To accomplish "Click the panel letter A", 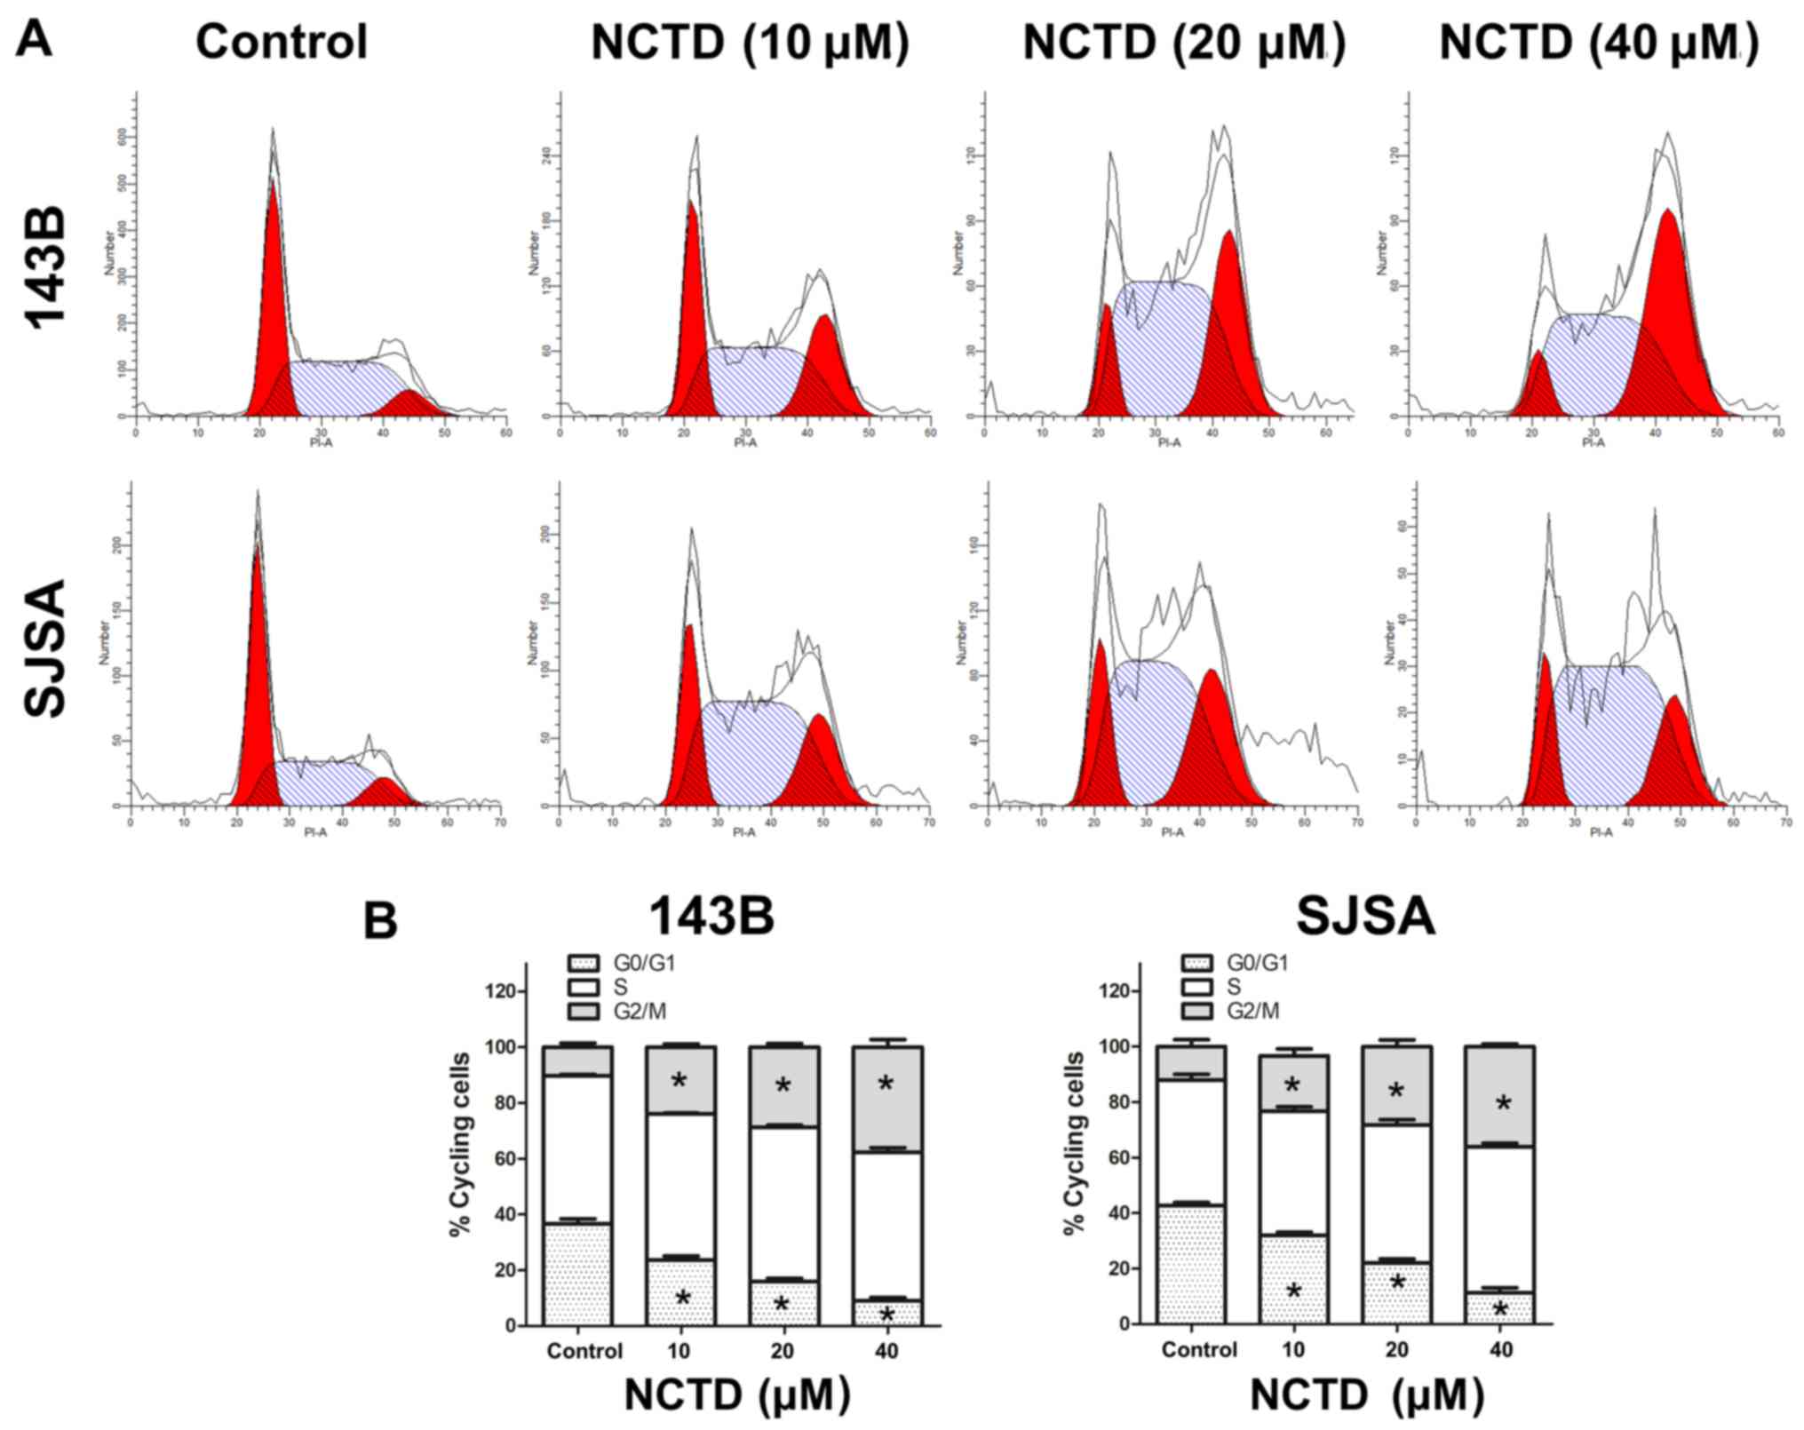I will pos(33,39).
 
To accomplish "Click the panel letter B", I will pos(380,922).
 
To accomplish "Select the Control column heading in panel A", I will pos(281,42).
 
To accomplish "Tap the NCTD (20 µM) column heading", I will pos(1183,42).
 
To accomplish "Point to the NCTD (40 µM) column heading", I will pos(1599,42).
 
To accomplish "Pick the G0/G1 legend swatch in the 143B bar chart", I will pos(582,963).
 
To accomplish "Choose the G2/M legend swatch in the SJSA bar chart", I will pos(1196,1011).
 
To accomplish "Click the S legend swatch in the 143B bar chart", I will pos(582,987).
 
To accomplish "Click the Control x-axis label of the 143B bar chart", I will pos(584,1351).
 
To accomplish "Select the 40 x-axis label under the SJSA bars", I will pos(1500,1350).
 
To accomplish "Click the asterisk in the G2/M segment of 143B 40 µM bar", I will pos(886,1084).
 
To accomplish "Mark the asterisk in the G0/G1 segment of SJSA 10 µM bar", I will pos(1293,1291).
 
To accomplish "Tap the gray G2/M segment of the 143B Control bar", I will pos(577,1061).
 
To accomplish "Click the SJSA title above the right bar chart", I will pos(1365,917).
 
